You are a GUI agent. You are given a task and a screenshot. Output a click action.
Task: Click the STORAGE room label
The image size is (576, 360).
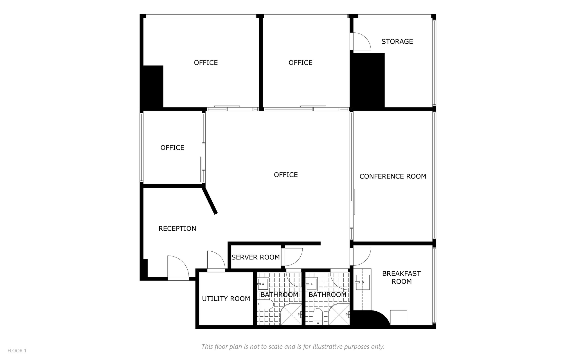click(397, 42)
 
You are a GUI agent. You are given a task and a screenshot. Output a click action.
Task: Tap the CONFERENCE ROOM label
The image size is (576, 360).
click(393, 176)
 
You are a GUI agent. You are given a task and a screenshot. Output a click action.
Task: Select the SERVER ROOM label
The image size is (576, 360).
click(255, 257)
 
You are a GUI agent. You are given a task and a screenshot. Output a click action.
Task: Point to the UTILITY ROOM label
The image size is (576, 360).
click(226, 299)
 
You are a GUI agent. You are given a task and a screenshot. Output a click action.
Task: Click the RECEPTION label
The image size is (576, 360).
click(177, 229)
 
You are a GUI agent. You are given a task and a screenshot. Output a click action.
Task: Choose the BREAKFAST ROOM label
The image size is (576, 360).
click(401, 278)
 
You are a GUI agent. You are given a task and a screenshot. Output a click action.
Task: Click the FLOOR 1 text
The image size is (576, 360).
click(17, 351)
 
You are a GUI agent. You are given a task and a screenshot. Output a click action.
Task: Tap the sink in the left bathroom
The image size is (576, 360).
click(263, 284)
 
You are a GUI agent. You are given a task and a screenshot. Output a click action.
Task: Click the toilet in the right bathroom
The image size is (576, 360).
click(318, 316)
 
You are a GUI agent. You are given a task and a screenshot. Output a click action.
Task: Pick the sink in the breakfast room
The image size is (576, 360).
click(362, 282)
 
